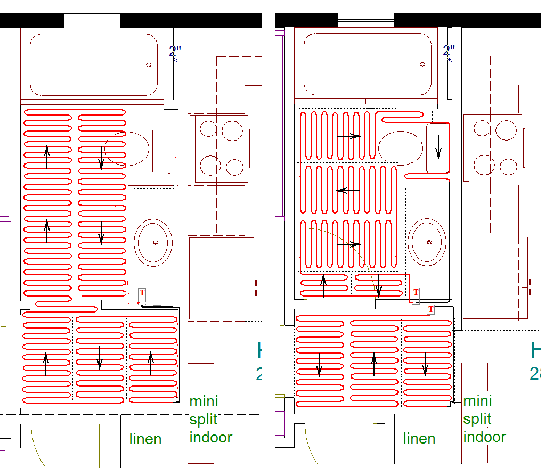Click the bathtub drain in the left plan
(x=149, y=65)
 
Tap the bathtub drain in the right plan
(x=422, y=64)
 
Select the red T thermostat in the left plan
(x=142, y=292)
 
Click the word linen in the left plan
(x=145, y=439)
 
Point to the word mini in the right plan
(x=477, y=400)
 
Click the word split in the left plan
(x=204, y=419)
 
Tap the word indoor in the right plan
(x=484, y=437)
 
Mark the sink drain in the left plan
(x=156, y=243)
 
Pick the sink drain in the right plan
(x=429, y=242)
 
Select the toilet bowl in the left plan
(x=126, y=147)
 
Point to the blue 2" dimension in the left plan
(x=175, y=52)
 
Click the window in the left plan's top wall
(x=92, y=20)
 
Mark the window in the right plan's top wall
(x=366, y=20)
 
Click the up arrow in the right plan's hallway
(x=374, y=365)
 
